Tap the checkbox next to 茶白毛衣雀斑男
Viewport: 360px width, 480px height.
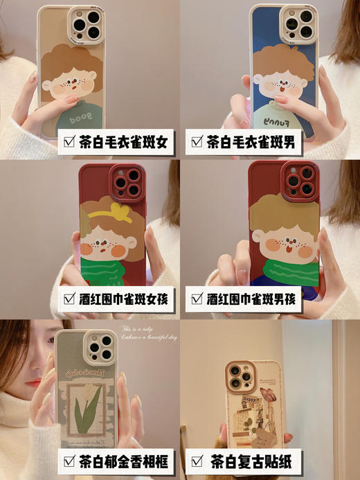[196, 143]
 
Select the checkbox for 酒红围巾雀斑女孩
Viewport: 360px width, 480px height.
[70, 299]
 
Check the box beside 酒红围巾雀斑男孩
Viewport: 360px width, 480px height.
[196, 299]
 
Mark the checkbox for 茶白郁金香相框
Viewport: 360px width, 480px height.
[70, 460]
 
